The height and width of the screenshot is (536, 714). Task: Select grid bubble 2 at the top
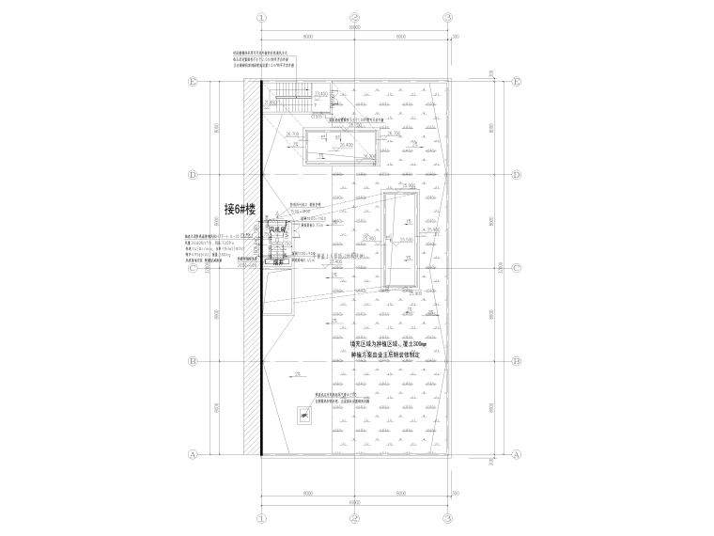click(x=355, y=17)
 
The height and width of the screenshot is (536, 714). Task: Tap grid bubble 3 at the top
click(x=449, y=17)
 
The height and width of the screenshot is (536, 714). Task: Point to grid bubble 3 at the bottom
click(x=449, y=518)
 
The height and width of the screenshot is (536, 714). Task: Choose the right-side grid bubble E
click(x=517, y=82)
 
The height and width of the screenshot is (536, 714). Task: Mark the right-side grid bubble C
click(x=517, y=268)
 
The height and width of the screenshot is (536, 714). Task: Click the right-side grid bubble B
click(x=517, y=361)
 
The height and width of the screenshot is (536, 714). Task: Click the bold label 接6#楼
click(x=240, y=209)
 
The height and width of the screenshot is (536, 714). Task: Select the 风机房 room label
click(x=278, y=229)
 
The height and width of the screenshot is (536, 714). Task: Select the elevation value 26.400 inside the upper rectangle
click(x=346, y=146)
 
